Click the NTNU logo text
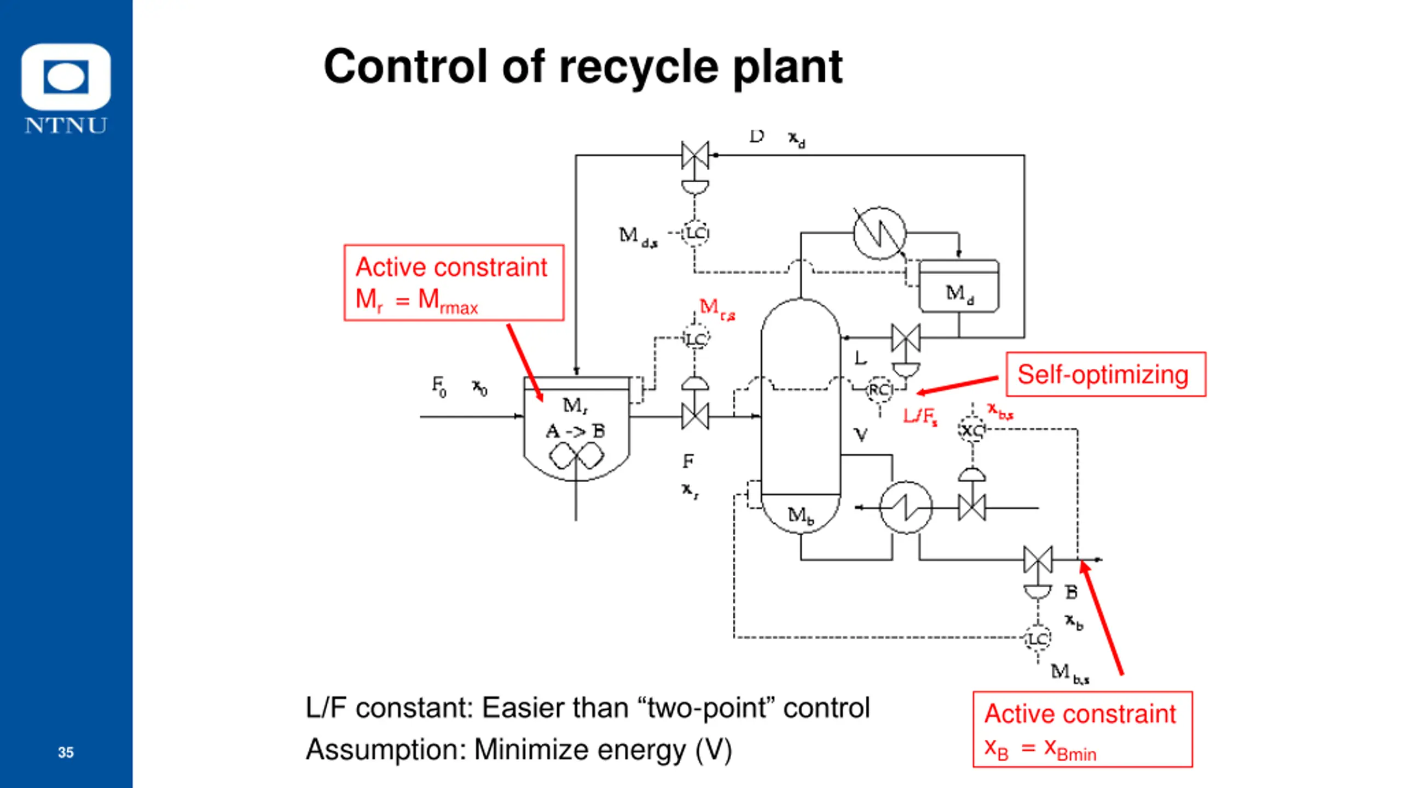coord(66,125)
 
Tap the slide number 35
coord(66,752)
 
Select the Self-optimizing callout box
coord(1105,374)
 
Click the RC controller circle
coord(879,390)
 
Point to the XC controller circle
coord(972,430)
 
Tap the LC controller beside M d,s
coord(695,233)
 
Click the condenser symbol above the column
coord(879,233)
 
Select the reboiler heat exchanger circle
coord(906,507)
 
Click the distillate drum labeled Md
coord(959,286)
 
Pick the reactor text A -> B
coord(575,431)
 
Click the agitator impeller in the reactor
coord(576,455)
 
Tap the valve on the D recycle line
coord(695,155)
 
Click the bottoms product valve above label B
coord(1038,559)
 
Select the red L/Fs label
coord(920,417)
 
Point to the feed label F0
coord(439,386)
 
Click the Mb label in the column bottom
coord(801,515)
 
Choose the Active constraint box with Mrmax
coord(454,282)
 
